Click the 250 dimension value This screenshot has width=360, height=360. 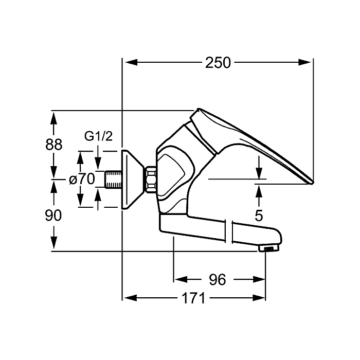point(218,63)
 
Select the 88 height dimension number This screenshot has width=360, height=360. point(53,145)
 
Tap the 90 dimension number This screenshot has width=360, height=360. point(53,215)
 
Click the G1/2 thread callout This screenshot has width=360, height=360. point(99,136)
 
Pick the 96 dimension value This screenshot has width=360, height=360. point(218,280)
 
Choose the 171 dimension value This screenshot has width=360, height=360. point(193,298)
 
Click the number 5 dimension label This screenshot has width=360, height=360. point(259,215)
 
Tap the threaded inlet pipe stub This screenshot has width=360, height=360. point(113,179)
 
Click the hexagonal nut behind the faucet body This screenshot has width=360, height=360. point(151,179)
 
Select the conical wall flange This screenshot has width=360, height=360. point(133,179)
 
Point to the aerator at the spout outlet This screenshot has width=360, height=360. point(268,248)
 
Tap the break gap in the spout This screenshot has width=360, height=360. point(229,231)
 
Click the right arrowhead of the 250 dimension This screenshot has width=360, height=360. point(304,62)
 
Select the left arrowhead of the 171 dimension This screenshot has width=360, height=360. point(131,298)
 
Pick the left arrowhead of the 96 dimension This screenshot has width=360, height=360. point(181,279)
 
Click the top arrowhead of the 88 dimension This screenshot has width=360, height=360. point(53,118)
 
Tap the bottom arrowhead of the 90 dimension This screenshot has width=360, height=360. point(53,242)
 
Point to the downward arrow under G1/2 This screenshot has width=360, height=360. point(98,157)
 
